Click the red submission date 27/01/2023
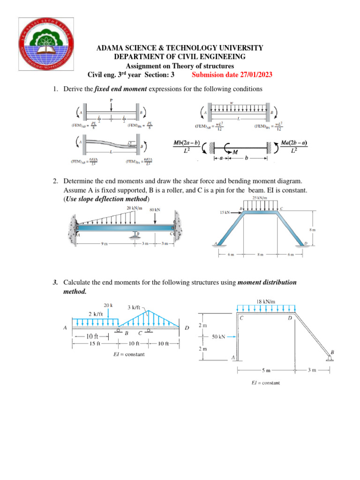232,75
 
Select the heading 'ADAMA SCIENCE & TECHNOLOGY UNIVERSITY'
180,48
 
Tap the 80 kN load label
155,210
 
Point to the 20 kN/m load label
135,208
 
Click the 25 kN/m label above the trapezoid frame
260,198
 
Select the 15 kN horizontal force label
226,212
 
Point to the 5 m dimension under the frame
266,370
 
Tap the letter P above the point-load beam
111,100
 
